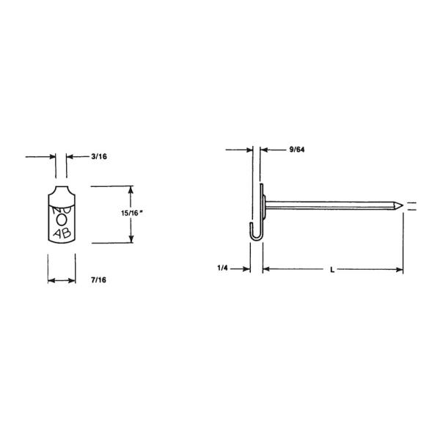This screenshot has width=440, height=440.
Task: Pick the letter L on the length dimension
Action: (332, 270)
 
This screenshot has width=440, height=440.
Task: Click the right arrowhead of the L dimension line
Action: (400, 270)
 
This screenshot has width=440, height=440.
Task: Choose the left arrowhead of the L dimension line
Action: (265, 270)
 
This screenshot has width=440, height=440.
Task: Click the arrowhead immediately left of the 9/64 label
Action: (265, 150)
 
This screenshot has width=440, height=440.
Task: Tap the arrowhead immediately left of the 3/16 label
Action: (70, 156)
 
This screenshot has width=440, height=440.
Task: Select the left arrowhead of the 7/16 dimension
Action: (51, 280)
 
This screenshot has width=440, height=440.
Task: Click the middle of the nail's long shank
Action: (330, 205)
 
